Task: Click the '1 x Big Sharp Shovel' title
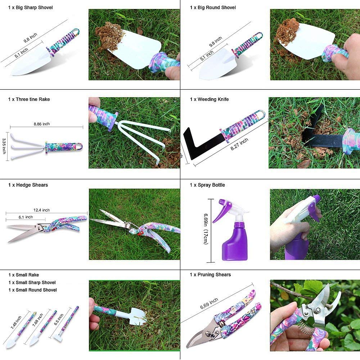(x=31, y=8)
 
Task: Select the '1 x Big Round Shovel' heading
(x=213, y=8)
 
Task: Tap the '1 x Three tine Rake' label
(x=29, y=99)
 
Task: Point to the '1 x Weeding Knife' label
(x=209, y=99)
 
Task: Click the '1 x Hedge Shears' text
(x=28, y=185)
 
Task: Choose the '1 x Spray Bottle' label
(x=207, y=185)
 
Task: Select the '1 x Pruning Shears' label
(x=211, y=275)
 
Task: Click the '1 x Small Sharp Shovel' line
(x=32, y=283)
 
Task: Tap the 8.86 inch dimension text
(x=41, y=124)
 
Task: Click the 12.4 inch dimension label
(x=41, y=210)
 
